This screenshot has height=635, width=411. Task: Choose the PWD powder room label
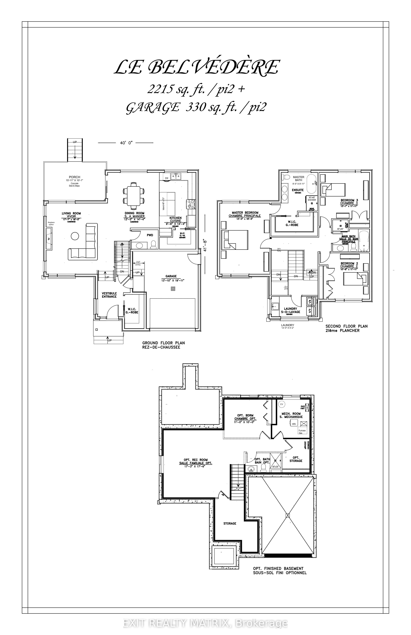[x=150, y=235]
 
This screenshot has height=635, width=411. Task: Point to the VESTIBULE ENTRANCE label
[x=109, y=295]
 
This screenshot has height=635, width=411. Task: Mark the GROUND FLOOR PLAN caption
[x=163, y=345]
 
